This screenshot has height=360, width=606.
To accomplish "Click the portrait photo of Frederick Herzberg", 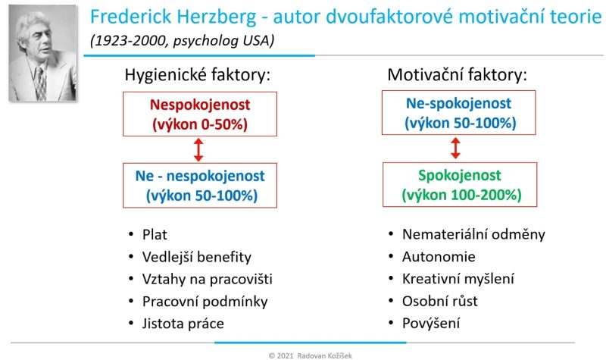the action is [43, 53].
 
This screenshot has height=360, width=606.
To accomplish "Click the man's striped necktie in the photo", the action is [40, 83].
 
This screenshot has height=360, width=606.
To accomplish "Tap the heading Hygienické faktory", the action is [198, 74].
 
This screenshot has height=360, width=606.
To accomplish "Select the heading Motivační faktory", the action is [458, 74].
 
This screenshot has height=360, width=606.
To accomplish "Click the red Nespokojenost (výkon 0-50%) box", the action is [200, 114].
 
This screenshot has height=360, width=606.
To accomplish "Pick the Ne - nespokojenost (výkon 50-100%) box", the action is [200, 186].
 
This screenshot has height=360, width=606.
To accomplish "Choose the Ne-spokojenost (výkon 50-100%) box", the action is [459, 112].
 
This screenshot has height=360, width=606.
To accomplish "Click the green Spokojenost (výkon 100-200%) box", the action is [460, 184].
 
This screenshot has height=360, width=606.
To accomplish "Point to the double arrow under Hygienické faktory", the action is [198, 149].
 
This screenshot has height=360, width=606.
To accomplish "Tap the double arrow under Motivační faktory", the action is [456, 148].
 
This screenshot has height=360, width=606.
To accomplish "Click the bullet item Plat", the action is [155, 235].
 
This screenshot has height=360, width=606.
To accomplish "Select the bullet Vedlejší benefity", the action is [197, 257].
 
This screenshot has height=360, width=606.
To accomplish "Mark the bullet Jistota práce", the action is [183, 324].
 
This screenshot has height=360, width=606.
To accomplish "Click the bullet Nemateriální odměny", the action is [474, 234].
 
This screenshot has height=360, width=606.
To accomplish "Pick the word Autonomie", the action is [439, 257].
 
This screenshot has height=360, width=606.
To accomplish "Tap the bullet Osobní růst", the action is [440, 301].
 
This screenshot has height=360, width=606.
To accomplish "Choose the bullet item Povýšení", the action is [431, 324].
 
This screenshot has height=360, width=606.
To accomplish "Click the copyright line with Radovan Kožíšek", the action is [311, 355].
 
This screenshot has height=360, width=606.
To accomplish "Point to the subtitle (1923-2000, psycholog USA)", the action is [182, 41].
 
